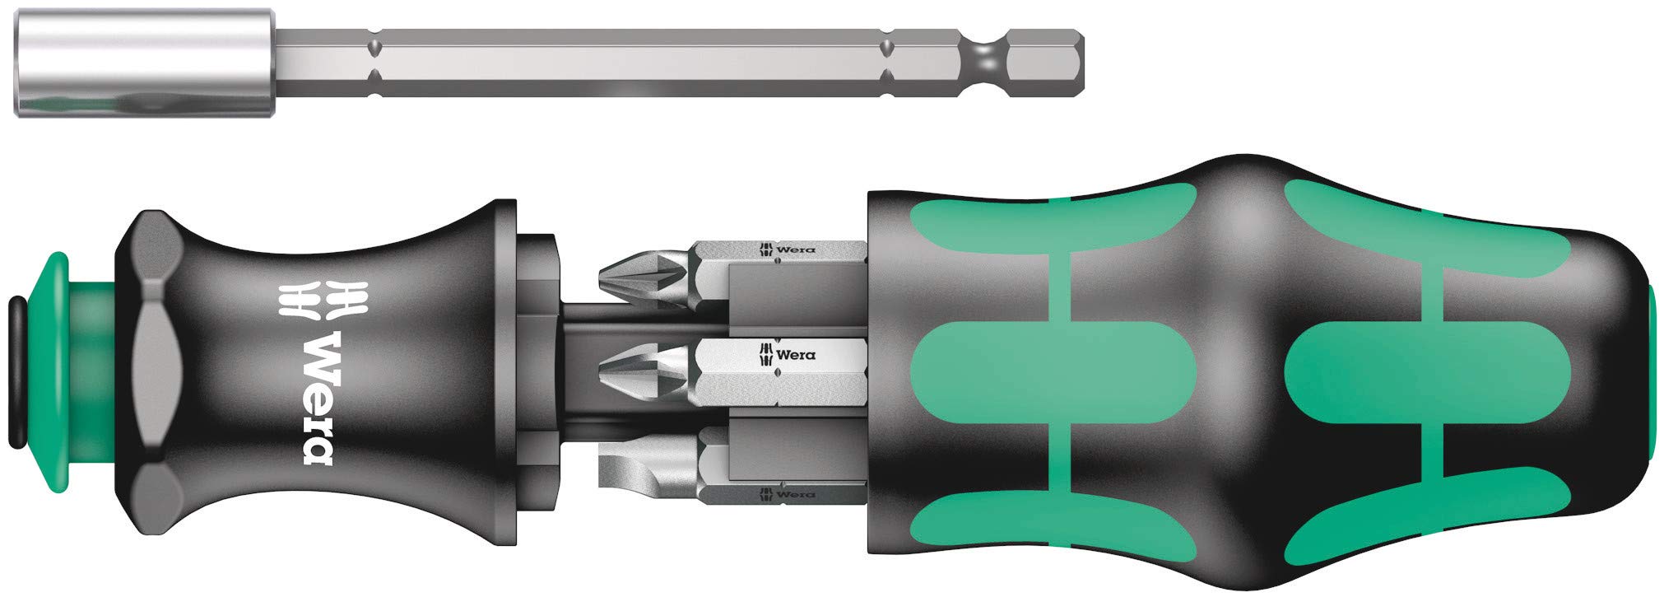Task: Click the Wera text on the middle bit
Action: click(x=796, y=355)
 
